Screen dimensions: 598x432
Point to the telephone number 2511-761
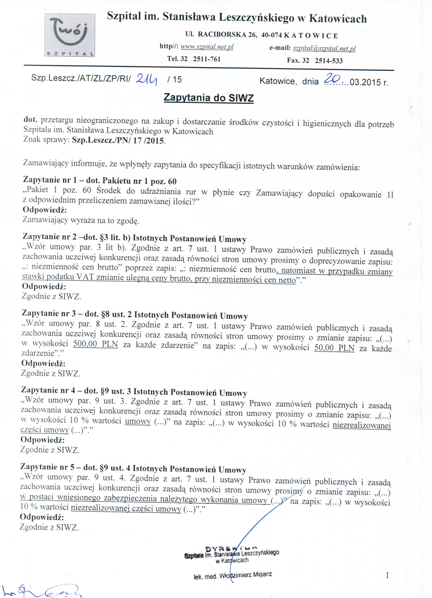[206, 59]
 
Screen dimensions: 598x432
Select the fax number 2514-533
[329, 61]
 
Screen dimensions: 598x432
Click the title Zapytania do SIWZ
[209, 98]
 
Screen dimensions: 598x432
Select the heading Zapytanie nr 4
[49, 390]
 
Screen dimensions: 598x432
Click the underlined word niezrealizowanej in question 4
[361, 425]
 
